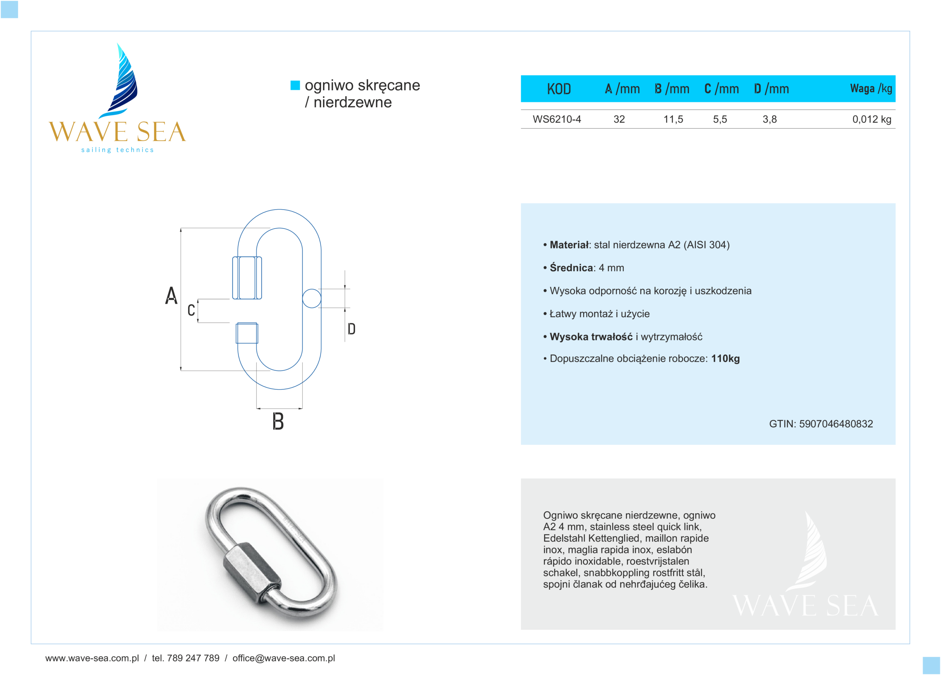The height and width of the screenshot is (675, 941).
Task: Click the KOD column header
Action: pos(558,89)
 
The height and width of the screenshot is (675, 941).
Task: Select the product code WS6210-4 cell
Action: pos(557,119)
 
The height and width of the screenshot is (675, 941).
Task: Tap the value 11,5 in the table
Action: pos(673,119)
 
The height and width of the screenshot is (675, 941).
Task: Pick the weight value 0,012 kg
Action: pos(872,119)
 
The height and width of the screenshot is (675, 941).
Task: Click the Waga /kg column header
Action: pos(871,88)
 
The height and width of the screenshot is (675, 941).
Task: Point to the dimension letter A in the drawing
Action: pos(171,296)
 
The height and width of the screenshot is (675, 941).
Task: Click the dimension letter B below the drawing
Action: pos(278,422)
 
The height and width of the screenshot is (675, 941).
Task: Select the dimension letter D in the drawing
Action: pos(351,329)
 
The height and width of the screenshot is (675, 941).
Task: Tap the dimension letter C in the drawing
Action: pos(191,310)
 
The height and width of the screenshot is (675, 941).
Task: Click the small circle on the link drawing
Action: pos(312,298)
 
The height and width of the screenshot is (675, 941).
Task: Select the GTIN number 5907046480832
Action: pos(836,424)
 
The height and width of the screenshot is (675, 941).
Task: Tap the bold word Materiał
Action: pos(569,245)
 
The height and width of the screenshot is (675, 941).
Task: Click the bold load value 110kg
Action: pos(725,358)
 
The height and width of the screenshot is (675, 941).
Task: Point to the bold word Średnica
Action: pos(571,268)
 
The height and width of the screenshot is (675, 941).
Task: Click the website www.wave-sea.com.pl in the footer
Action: pos(92,658)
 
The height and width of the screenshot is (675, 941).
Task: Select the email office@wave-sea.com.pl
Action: pos(284,658)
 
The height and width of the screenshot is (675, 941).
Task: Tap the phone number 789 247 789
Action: pos(193,658)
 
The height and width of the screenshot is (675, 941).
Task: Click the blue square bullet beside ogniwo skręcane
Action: pos(295,85)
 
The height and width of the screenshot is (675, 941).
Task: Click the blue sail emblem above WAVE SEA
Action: pos(122,81)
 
